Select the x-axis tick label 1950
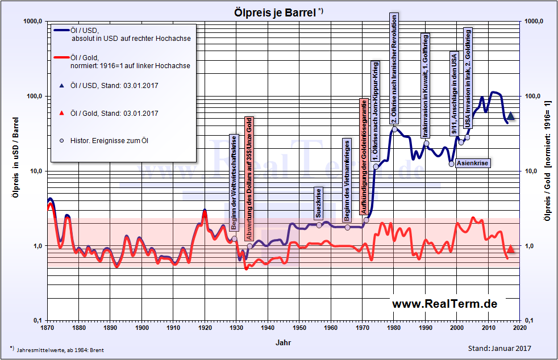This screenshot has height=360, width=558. pyautogui.click(x=299, y=328)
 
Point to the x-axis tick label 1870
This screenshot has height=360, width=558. pyautogui.click(x=47, y=328)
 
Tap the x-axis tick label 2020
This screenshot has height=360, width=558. pyautogui.click(x=520, y=328)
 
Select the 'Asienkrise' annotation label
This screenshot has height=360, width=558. pyautogui.click(x=472, y=163)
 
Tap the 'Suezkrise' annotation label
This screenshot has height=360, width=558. pyautogui.click(x=318, y=203)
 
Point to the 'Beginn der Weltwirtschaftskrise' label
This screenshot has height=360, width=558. pyautogui.click(x=234, y=182)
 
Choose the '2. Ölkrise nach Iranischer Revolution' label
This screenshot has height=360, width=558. pyautogui.click(x=394, y=68)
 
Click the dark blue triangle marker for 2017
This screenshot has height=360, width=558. pyautogui.click(x=510, y=116)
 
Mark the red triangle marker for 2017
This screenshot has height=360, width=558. pyautogui.click(x=510, y=249)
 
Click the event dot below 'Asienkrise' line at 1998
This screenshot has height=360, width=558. pyautogui.click(x=451, y=164)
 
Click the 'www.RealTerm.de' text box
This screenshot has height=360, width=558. pyautogui.click(x=444, y=304)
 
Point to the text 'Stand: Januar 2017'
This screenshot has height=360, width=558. pyautogui.click(x=499, y=348)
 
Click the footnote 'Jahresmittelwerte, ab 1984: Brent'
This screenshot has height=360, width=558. pyautogui.click(x=63, y=348)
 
